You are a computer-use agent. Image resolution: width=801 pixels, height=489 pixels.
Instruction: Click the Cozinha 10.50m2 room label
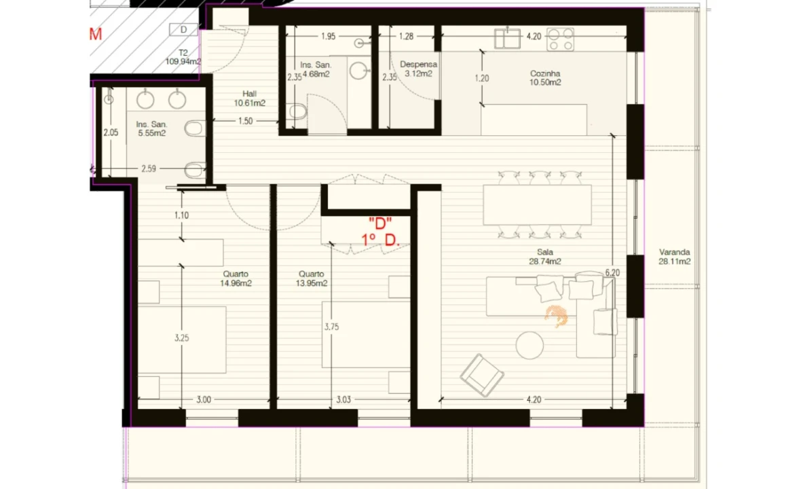point(545,77)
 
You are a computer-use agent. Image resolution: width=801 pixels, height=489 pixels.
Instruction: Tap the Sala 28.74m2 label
point(545,257)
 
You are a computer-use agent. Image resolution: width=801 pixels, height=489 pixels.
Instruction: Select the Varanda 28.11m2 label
point(674,257)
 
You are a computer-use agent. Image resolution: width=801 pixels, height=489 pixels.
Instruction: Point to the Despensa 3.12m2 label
point(418,69)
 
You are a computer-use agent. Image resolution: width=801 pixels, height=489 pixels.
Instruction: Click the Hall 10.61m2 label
point(249,98)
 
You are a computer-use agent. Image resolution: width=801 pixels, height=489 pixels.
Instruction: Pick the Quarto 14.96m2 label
point(236,278)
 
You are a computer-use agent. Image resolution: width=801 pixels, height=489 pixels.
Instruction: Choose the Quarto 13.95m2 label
point(311,278)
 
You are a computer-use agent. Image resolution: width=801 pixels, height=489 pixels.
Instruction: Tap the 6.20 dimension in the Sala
point(612,273)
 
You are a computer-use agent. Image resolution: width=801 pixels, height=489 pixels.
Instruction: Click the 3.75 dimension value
point(331,327)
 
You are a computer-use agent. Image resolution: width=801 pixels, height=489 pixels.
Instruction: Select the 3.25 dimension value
point(181,338)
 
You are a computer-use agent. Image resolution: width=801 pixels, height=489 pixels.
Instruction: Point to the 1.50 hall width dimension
point(245,121)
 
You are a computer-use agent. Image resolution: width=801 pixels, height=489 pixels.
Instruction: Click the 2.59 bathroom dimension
point(149,168)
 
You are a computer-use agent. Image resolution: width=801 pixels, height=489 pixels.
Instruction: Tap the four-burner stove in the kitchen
point(561,39)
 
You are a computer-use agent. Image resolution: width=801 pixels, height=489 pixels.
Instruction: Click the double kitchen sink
point(507,39)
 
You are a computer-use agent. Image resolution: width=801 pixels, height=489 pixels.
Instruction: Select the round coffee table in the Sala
point(529,346)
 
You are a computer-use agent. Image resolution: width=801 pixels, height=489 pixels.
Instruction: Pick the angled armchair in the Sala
point(482,375)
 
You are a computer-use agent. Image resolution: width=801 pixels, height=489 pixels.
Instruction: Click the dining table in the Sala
point(538,205)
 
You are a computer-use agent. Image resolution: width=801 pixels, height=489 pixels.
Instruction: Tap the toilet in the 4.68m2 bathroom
point(297,111)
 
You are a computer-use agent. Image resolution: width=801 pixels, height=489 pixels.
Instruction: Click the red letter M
point(96,34)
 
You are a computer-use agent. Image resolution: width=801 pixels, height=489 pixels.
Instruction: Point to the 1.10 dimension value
point(181,215)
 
